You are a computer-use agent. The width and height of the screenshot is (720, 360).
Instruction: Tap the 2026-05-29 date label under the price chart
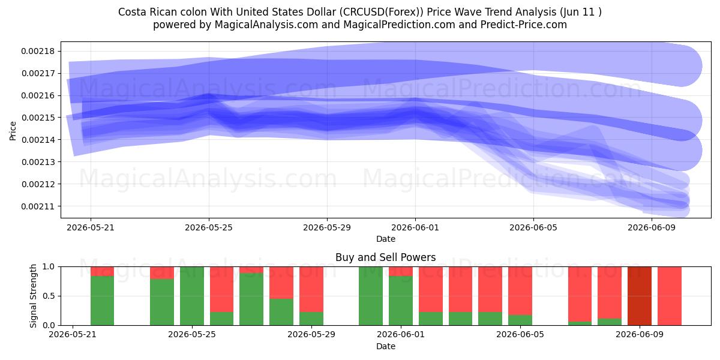click(x=327, y=227)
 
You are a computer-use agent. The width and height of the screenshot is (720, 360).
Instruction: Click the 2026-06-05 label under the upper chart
click(x=533, y=227)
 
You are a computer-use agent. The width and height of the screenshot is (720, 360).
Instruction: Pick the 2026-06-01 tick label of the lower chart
click(x=401, y=334)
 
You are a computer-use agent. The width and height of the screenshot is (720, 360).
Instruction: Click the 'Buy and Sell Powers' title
click(x=385, y=257)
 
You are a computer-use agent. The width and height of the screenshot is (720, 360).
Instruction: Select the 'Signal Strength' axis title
click(x=33, y=296)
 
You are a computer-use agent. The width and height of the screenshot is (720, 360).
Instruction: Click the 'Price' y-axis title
click(x=13, y=131)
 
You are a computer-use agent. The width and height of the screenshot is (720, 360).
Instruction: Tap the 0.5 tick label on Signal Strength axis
click(x=49, y=296)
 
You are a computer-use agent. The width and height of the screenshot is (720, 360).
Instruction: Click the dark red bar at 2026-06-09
click(x=640, y=296)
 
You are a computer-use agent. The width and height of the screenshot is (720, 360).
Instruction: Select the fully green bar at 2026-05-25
click(x=192, y=296)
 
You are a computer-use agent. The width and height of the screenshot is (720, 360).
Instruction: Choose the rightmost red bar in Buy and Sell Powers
click(x=670, y=296)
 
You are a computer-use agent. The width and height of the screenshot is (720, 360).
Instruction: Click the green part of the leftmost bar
click(x=102, y=301)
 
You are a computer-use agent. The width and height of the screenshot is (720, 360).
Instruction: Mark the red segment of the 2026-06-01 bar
click(x=401, y=271)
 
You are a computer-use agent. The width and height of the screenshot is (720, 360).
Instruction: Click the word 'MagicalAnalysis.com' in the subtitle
click(x=266, y=25)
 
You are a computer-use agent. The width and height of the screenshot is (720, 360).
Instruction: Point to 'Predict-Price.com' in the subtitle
click(x=524, y=25)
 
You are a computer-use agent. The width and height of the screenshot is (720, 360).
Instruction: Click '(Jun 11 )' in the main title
click(x=581, y=12)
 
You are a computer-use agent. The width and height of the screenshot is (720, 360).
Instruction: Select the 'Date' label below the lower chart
click(x=386, y=347)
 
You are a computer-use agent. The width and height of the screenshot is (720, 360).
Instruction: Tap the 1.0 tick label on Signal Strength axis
click(x=49, y=267)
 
